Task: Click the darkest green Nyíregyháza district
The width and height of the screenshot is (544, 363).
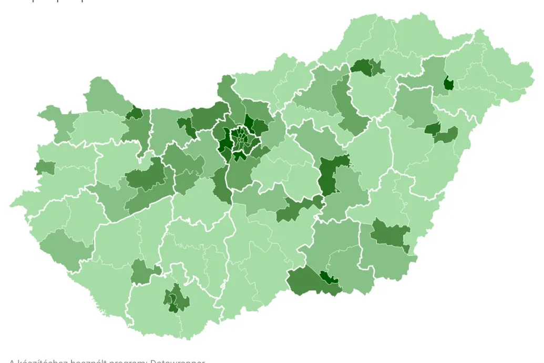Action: [x=449, y=83]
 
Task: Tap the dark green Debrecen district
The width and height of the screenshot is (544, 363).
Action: [x=433, y=128]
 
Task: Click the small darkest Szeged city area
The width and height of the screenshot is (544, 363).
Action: [x=330, y=278]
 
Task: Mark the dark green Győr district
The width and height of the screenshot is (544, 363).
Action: [x=136, y=113]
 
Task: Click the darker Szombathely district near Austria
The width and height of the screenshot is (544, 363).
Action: [x=44, y=167]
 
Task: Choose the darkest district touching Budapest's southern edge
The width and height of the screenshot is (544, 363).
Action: [x=240, y=156]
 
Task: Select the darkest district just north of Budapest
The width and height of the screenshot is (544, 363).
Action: [x=248, y=122]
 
